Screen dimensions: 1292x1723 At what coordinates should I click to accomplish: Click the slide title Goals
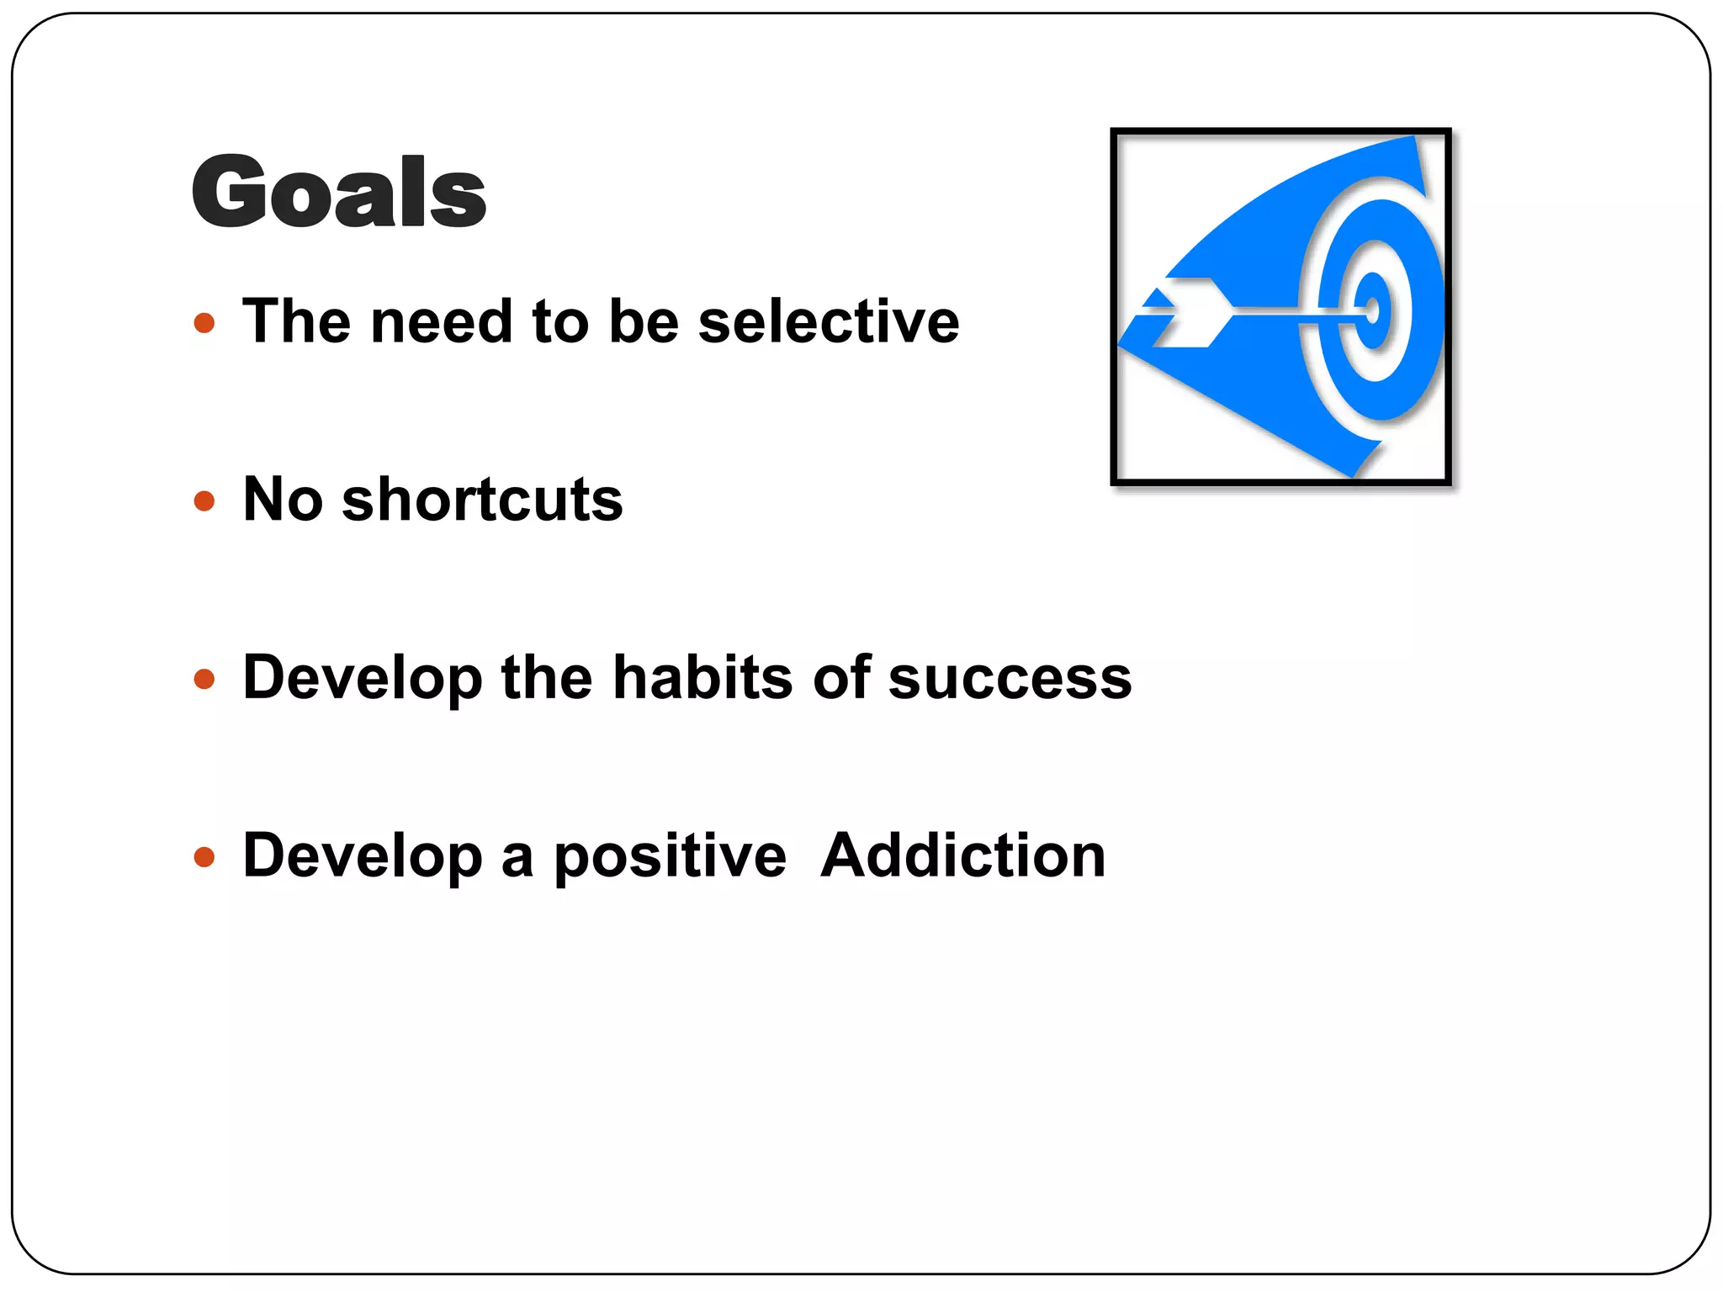(338, 191)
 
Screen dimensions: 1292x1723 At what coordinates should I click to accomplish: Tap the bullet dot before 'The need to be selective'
(204, 323)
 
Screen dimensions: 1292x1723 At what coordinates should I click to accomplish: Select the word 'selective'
(829, 321)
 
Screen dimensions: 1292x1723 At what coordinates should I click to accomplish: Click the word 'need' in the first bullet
(442, 321)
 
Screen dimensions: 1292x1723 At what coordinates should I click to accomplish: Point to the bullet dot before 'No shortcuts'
(204, 501)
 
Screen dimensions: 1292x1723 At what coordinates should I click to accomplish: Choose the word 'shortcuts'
(482, 500)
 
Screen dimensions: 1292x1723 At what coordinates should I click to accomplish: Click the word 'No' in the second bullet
(283, 500)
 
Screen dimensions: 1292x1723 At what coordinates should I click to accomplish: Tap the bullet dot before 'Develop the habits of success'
(204, 679)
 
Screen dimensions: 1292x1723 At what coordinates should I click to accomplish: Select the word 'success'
(1010, 679)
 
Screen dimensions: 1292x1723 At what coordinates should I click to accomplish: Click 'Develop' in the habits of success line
(363, 679)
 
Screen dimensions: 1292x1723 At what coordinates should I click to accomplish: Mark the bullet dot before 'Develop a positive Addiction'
(204, 857)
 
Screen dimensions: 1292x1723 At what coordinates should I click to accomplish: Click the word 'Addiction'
(962, 855)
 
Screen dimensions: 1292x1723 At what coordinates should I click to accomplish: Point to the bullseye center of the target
(1372, 310)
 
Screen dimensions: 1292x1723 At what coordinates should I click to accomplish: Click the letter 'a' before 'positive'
(517, 857)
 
